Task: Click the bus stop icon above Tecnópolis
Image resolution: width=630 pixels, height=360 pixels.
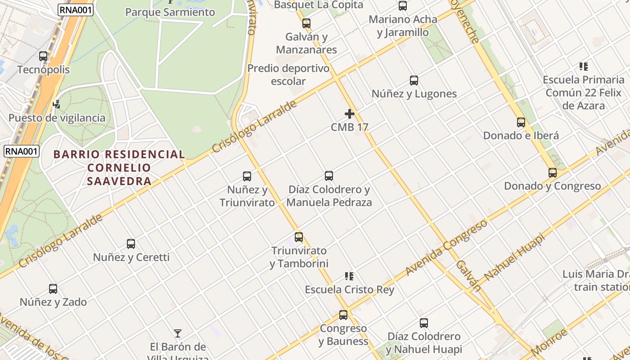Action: click(x=43, y=56)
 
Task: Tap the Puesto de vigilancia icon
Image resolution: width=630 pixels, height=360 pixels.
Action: click(x=57, y=104)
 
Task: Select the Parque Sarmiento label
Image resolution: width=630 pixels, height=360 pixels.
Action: click(x=170, y=12)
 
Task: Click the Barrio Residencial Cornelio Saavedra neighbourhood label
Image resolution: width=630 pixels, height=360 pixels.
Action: click(x=119, y=167)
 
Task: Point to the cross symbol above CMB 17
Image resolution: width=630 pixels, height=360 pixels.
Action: click(x=350, y=114)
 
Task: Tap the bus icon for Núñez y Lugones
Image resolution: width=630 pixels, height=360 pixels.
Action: click(x=414, y=81)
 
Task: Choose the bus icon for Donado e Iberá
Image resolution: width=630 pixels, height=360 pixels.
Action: click(x=521, y=122)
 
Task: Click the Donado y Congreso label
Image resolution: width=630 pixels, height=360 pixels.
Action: click(x=552, y=186)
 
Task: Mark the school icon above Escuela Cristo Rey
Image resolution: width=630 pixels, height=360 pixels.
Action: click(x=349, y=276)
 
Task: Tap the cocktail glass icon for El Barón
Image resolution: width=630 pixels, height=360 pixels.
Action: click(x=178, y=333)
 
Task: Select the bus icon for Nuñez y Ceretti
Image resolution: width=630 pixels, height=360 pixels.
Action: click(x=131, y=244)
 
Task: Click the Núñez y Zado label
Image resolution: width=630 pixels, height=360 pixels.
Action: click(x=53, y=302)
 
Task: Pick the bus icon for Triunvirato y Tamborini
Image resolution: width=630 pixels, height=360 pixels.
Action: click(x=299, y=237)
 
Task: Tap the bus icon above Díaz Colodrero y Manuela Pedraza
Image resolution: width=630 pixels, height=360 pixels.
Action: click(x=329, y=176)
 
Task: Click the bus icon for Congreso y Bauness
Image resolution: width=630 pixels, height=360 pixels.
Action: click(x=343, y=315)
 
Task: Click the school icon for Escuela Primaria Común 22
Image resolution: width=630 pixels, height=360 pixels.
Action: click(x=584, y=67)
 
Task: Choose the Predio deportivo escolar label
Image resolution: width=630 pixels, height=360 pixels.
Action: click(x=288, y=75)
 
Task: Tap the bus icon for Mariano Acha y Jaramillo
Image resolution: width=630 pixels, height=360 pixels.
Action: click(x=403, y=6)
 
